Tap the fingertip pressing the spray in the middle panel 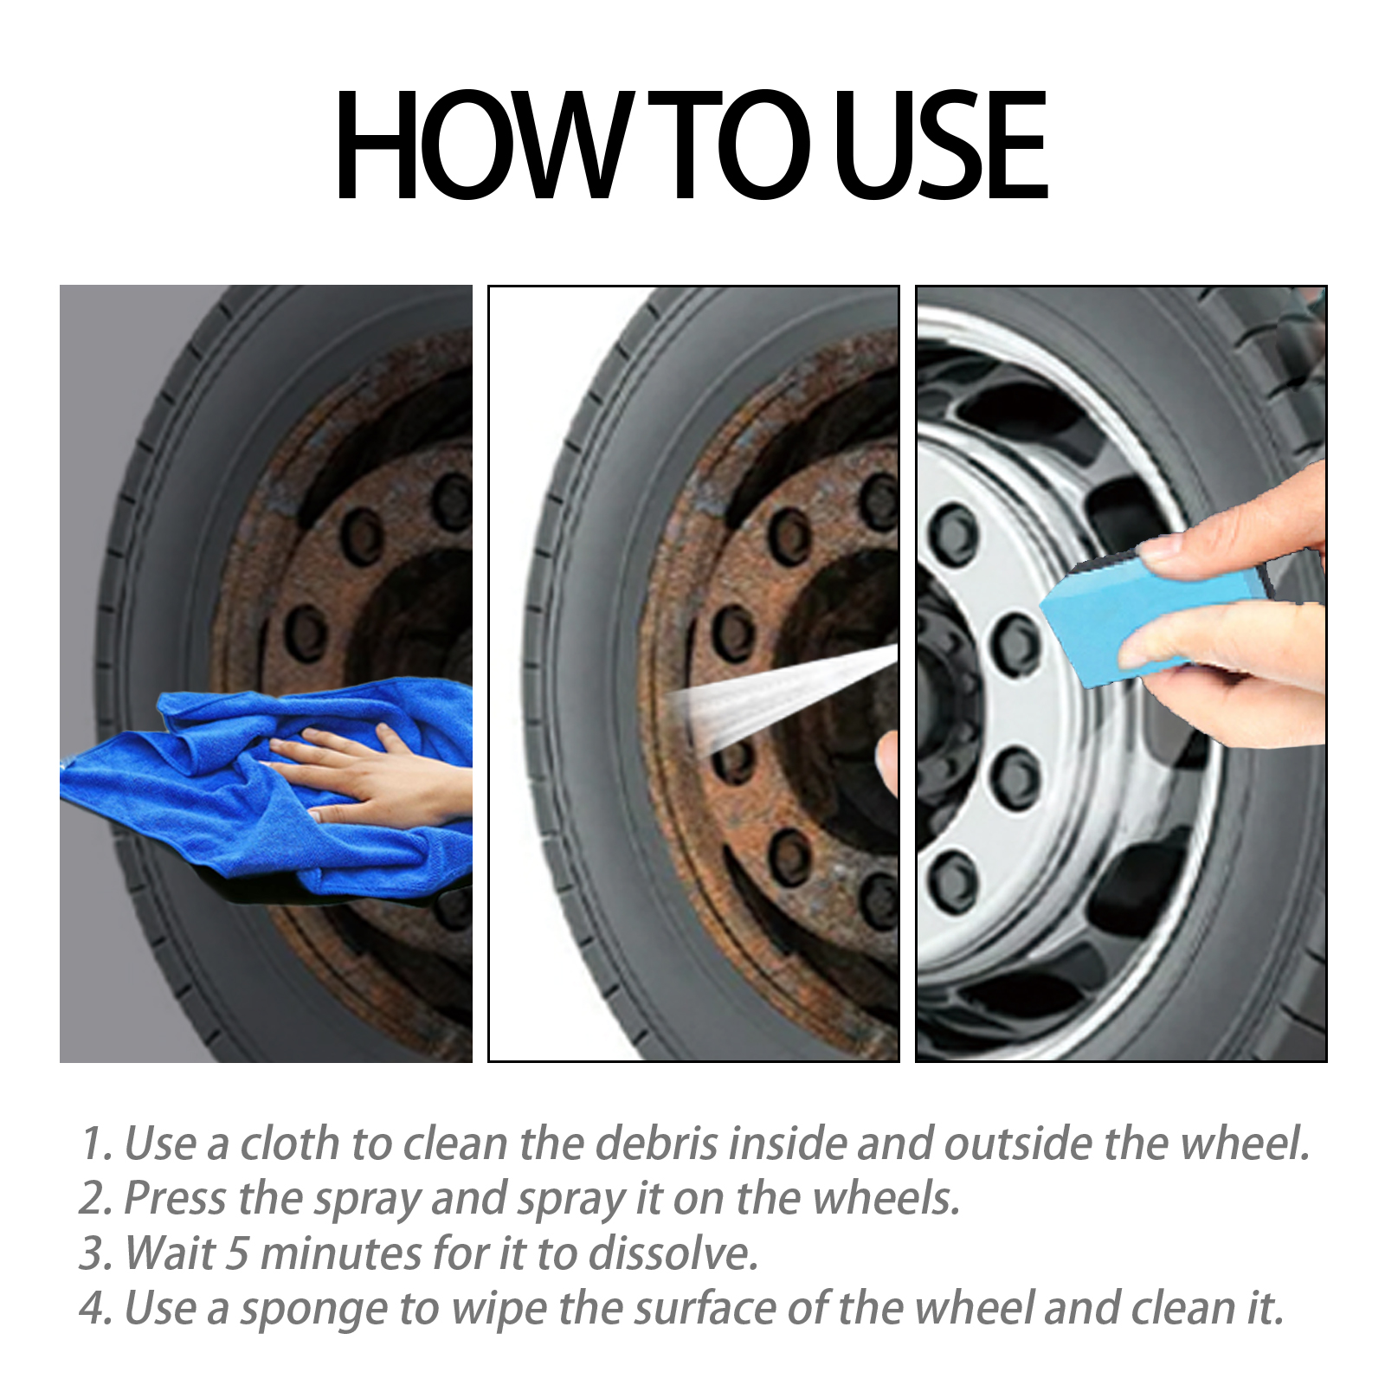[887, 762]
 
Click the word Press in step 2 [177, 1199]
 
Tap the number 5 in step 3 [237, 1254]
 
